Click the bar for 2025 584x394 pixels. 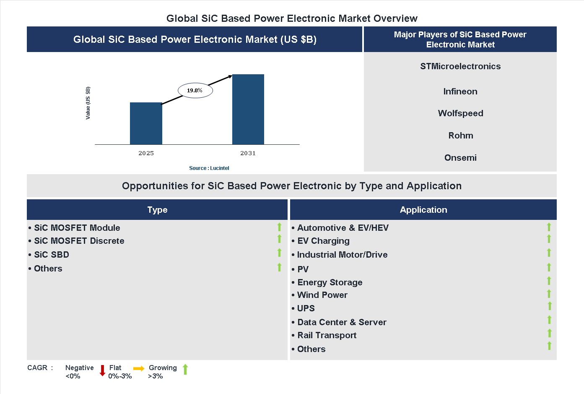(x=146, y=123)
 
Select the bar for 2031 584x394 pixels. (x=248, y=110)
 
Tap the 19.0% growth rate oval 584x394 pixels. (x=195, y=90)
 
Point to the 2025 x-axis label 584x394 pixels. (x=146, y=153)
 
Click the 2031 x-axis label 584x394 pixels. (x=248, y=153)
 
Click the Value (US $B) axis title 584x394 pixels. (x=88, y=103)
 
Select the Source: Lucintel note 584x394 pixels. (x=209, y=168)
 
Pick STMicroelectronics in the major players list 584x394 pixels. (x=460, y=66)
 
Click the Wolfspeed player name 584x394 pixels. (x=460, y=113)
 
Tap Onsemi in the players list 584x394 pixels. (x=460, y=158)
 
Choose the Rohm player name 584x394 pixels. (x=460, y=136)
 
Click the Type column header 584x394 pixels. (x=157, y=210)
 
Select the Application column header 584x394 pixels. (x=423, y=210)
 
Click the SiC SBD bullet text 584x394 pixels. (x=52, y=255)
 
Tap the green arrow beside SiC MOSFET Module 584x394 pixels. (x=279, y=227)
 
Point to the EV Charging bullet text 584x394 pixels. (x=323, y=241)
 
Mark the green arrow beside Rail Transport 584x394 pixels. (x=549, y=333)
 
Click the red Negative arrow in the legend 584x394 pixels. (x=102, y=371)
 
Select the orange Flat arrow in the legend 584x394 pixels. (x=139, y=368)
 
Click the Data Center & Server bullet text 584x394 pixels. (x=342, y=322)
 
